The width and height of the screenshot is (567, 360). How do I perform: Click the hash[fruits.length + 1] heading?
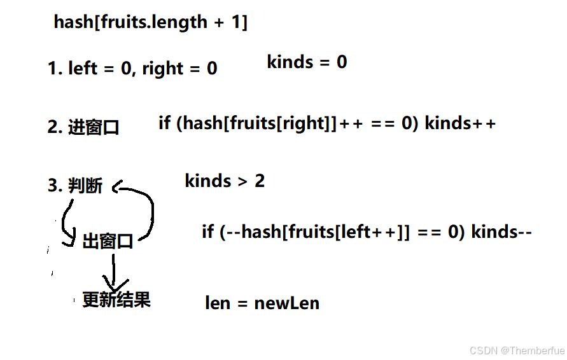click(151, 22)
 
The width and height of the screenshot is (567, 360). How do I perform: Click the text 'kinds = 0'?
click(307, 62)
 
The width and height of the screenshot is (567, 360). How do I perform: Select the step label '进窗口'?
click(94, 127)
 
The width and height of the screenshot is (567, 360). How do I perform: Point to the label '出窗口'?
click(108, 242)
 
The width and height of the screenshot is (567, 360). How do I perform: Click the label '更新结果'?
click(116, 300)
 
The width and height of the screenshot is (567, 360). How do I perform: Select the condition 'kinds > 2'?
click(225, 181)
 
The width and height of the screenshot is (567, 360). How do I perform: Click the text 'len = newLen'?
click(262, 303)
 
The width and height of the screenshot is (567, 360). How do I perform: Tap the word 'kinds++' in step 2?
click(460, 123)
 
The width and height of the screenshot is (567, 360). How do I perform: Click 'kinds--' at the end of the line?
click(501, 232)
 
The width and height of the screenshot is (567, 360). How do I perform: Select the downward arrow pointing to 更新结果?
click(114, 273)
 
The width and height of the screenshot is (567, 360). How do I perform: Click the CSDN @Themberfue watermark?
click(517, 350)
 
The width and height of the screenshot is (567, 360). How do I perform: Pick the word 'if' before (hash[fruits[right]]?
click(164, 123)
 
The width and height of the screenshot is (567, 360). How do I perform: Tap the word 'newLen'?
click(286, 303)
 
